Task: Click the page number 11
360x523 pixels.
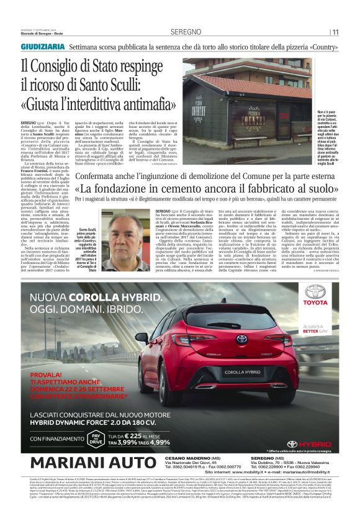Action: click(335, 32)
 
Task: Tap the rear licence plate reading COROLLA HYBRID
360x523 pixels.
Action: click(242, 372)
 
